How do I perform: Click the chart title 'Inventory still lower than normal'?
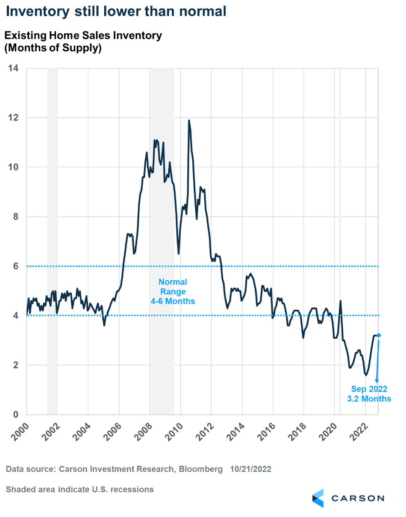(116, 12)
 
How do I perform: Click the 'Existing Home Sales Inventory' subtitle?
(83, 35)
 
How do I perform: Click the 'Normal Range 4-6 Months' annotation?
(173, 291)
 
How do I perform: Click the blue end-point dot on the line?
(379, 335)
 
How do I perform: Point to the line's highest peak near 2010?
(188, 120)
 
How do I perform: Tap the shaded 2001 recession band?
(52, 239)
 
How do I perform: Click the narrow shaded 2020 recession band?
(340, 239)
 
